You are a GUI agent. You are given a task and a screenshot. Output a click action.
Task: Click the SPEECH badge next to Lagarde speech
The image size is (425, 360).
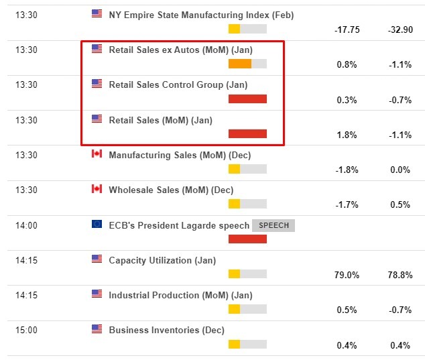273,225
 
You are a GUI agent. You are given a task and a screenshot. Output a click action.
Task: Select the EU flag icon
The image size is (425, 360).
97,225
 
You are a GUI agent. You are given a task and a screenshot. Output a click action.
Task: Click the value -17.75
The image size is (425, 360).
347,30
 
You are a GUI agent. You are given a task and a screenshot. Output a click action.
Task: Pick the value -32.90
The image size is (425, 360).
399,30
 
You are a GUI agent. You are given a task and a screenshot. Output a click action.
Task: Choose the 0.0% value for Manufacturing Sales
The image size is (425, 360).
400,170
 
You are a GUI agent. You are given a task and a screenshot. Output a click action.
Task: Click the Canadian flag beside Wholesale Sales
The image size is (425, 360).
97,189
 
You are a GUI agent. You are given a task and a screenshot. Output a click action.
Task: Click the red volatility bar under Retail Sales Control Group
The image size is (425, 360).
247,99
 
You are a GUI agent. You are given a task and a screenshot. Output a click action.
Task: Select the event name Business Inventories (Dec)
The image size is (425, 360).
166,330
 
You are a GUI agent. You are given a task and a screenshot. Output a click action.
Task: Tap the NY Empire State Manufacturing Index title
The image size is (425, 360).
201,15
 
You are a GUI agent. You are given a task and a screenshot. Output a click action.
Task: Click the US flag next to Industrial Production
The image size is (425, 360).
97,294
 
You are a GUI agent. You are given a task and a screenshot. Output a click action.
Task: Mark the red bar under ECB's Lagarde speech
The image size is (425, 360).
247,239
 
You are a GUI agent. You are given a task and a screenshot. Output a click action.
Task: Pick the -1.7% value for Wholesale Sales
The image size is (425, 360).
347,205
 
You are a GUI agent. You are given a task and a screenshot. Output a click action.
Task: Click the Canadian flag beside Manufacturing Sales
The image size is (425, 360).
97,154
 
